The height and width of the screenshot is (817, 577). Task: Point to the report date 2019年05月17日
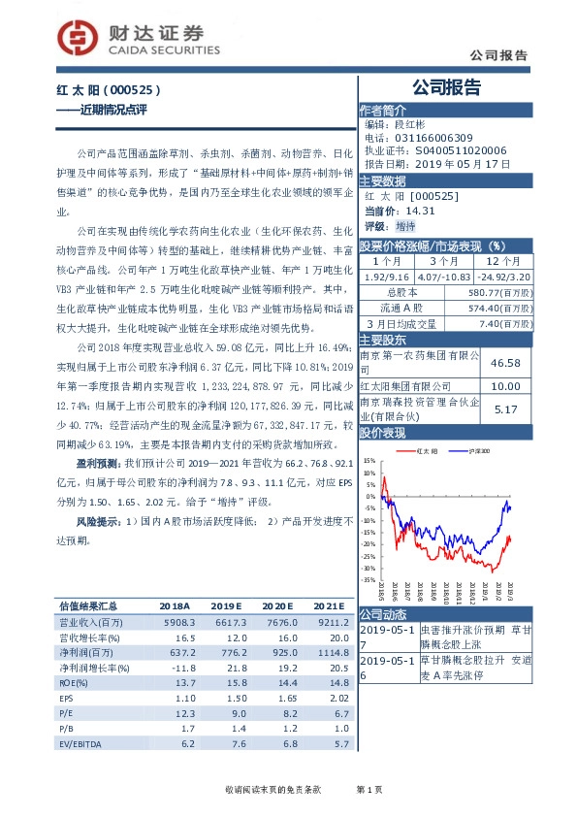pos(456,164)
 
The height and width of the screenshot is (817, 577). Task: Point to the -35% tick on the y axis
pos(369,580)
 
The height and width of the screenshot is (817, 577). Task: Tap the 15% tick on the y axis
pos(370,461)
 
